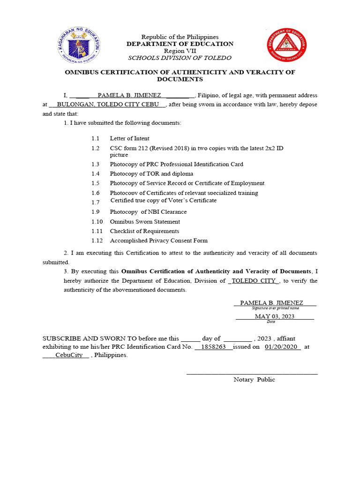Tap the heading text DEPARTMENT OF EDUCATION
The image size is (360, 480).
180,44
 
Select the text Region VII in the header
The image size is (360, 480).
180,51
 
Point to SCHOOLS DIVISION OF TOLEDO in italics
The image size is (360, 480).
180,58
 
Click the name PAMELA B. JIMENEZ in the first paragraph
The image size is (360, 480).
129,95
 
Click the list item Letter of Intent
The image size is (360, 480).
129,138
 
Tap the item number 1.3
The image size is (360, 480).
96,165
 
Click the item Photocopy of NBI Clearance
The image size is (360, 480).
148,212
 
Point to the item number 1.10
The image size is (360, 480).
97,222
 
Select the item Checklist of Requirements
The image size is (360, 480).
144,231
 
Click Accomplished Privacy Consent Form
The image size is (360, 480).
158,240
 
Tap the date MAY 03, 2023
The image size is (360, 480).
274,316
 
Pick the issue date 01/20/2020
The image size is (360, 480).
281,347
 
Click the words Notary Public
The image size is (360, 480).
254,380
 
